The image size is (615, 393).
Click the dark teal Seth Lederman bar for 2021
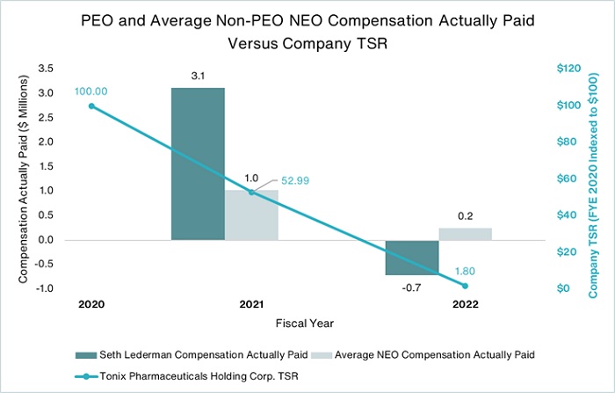click(198, 164)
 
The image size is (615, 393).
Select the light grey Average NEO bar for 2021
click(251, 215)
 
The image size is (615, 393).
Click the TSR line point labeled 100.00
click(91, 106)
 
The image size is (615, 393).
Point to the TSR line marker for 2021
click(251, 192)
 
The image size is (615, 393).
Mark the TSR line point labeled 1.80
click(466, 286)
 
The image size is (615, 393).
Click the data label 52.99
click(295, 180)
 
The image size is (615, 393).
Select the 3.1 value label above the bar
click(198, 77)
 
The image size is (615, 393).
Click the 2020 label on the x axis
click(91, 303)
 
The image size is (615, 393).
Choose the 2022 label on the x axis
click(466, 303)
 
